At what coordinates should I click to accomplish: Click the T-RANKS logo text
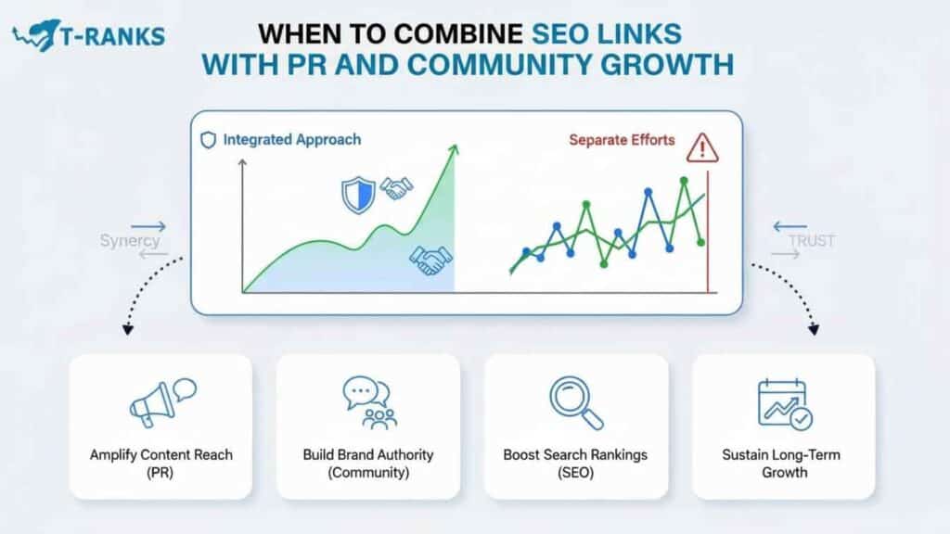[x=112, y=35]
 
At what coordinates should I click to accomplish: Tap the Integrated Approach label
[x=291, y=140]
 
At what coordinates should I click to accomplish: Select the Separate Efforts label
[x=622, y=140]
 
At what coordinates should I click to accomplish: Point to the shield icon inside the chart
[x=357, y=193]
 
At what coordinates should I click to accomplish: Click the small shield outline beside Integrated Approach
[x=208, y=141]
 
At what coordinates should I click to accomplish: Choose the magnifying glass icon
[x=575, y=400]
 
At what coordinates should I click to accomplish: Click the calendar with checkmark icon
[x=783, y=402]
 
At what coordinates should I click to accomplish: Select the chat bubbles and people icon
[x=367, y=402]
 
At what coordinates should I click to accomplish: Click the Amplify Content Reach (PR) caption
[x=160, y=464]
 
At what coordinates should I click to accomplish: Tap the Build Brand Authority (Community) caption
[x=368, y=464]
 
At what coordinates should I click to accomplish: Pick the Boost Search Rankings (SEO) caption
[x=575, y=464]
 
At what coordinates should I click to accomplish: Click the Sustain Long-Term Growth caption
[x=783, y=464]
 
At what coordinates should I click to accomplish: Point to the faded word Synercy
[x=130, y=241]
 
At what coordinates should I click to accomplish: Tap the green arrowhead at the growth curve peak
[x=454, y=150]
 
